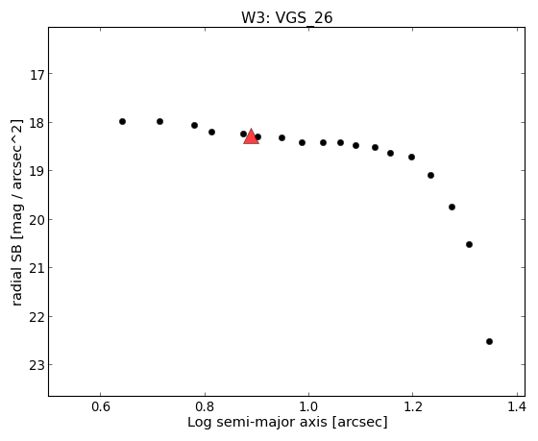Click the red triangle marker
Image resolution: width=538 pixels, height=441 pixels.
(x=251, y=136)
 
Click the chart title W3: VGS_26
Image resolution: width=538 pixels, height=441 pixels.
(x=287, y=18)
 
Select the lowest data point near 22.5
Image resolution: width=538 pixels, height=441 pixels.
(x=489, y=341)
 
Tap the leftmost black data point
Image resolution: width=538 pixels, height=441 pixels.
(x=123, y=121)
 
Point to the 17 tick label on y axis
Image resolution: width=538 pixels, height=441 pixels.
(x=37, y=75)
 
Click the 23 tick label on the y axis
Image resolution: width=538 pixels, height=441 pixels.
(x=37, y=365)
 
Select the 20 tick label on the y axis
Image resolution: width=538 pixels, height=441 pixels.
(x=37, y=220)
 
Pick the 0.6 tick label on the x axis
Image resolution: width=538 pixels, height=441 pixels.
(x=101, y=407)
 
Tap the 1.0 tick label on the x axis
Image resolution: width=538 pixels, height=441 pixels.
(x=308, y=407)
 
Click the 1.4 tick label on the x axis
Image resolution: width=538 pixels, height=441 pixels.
(x=517, y=407)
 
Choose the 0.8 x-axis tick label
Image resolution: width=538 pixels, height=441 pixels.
(x=205, y=407)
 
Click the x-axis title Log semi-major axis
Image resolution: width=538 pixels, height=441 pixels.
(x=287, y=422)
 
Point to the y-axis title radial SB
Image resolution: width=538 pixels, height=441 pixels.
(x=17, y=212)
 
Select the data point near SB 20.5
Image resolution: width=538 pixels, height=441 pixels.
(x=470, y=244)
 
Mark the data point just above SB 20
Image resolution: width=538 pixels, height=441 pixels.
(x=452, y=207)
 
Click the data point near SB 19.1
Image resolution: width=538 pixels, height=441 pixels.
(x=431, y=176)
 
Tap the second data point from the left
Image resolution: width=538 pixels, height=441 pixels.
(x=159, y=121)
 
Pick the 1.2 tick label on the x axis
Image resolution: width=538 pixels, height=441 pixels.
(x=413, y=407)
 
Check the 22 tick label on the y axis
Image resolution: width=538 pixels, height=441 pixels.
(x=37, y=317)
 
